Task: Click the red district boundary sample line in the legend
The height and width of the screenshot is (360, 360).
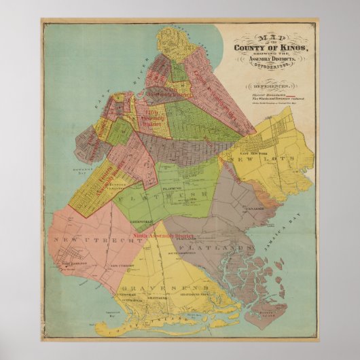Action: pyautogui.click(x=276, y=95)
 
